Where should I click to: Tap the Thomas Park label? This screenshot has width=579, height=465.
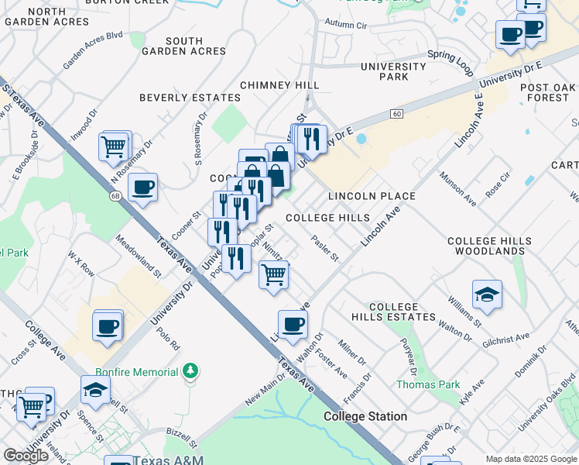coord(428,384)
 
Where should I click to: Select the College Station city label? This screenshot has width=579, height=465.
coord(365,416)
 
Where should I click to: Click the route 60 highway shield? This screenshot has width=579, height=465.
coord(396,114)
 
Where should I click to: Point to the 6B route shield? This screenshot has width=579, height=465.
coord(116,196)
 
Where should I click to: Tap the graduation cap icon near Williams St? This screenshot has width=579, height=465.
coord(487,295)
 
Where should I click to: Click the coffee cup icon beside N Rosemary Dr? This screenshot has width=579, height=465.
coord(142,188)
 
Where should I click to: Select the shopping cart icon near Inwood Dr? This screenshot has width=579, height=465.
coord(114,146)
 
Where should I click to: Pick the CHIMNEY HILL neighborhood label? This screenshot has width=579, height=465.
coord(279,85)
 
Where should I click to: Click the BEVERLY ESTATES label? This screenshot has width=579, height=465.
coord(190,98)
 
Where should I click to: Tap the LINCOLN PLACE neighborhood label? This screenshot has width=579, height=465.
coord(372,196)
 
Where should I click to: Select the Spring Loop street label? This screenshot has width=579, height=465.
coord(450,57)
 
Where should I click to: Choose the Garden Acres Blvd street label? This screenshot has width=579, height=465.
coord(93,46)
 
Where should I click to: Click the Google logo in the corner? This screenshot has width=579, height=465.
coord(26,456)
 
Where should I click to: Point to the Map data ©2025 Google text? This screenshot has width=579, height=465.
coord(530,459)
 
